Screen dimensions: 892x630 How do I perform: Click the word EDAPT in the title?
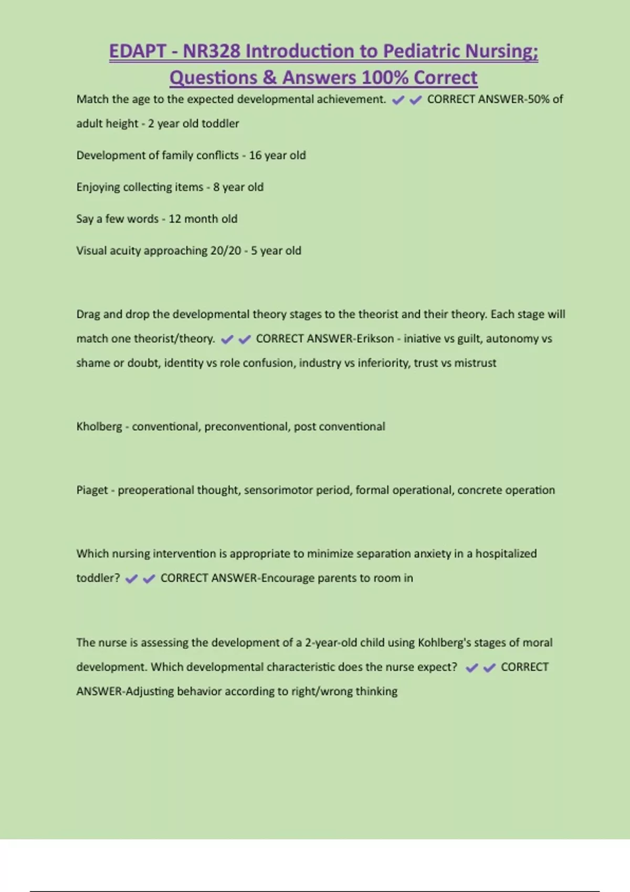(x=137, y=51)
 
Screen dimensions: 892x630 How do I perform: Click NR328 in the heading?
(x=211, y=51)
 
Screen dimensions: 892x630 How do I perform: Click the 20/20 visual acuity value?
(x=226, y=251)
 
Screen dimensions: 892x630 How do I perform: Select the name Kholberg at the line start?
(x=99, y=427)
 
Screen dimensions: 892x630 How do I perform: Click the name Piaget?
(x=92, y=490)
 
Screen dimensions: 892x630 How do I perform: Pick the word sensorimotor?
(x=275, y=490)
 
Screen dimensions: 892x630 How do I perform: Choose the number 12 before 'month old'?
(x=174, y=219)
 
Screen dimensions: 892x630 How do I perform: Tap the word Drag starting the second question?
(x=88, y=314)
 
